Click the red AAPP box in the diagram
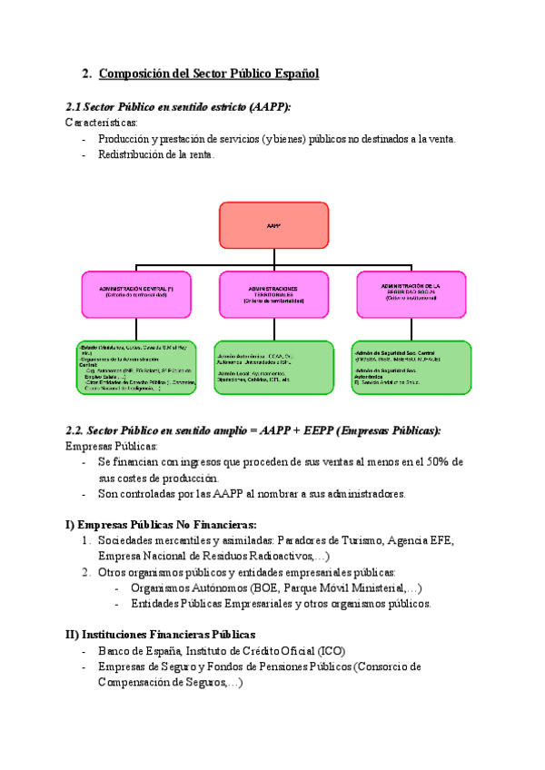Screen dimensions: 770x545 (273, 225)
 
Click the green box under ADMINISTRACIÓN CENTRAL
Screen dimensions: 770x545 (135, 367)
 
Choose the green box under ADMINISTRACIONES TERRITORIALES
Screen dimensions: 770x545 (273, 367)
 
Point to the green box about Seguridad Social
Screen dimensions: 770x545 (411, 367)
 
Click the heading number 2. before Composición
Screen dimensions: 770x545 (87, 74)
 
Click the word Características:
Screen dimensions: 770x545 (102, 122)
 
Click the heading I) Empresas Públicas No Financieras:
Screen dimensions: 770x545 (161, 524)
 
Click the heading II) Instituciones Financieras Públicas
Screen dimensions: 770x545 (161, 635)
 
